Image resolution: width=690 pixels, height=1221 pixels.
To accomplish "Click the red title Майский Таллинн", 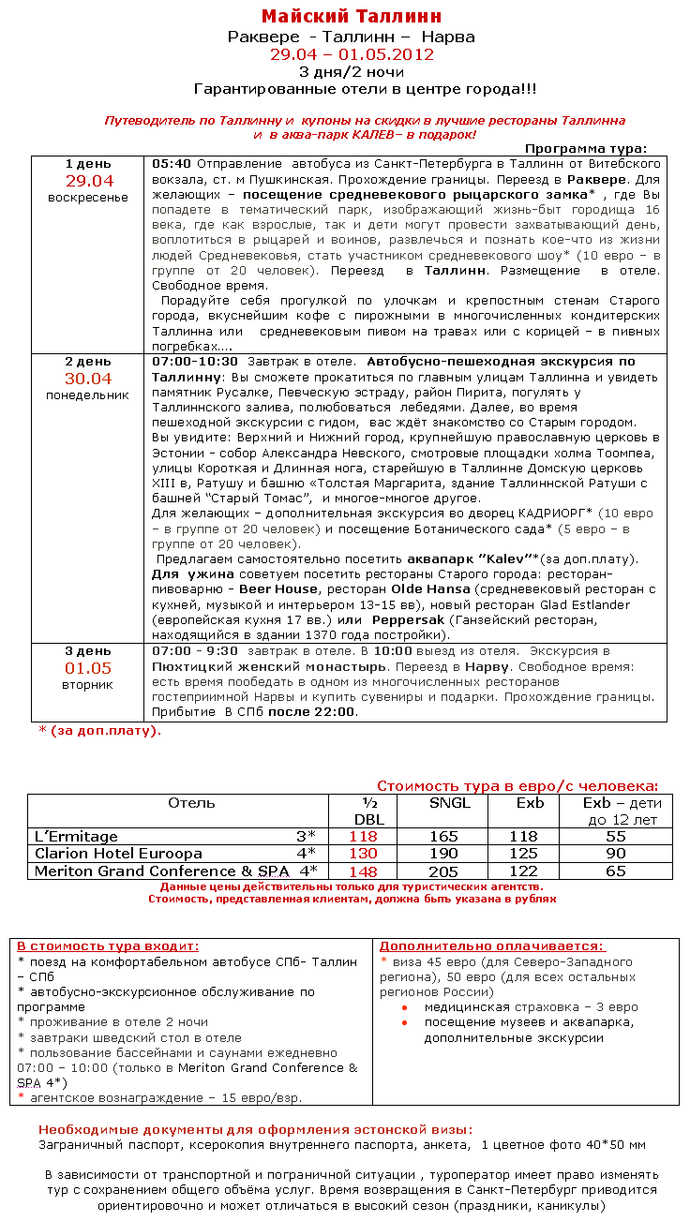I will [x=352, y=17].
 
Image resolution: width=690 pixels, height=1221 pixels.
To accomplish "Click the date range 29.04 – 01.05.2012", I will [x=352, y=54].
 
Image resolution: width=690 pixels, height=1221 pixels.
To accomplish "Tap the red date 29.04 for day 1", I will [x=89, y=181].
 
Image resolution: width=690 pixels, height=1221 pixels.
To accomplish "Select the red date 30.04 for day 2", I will [x=88, y=379].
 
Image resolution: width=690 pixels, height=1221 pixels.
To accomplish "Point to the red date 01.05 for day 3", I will [x=88, y=668].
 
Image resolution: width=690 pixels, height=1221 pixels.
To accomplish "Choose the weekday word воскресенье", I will [x=88, y=198].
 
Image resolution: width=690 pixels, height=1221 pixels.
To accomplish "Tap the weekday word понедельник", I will [x=88, y=395].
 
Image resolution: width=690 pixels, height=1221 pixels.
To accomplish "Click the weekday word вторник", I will [x=88, y=685].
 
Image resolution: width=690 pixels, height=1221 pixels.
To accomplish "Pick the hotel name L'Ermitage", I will [x=77, y=837].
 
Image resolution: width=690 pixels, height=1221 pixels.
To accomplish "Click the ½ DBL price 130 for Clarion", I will [x=363, y=854].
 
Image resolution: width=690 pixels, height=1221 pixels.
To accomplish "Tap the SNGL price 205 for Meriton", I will [x=443, y=871].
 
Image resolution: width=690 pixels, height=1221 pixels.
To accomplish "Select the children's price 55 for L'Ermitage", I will [x=615, y=837].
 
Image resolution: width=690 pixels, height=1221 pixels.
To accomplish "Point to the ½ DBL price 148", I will [x=363, y=871].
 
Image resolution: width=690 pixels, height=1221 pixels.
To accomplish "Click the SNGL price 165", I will [x=443, y=837].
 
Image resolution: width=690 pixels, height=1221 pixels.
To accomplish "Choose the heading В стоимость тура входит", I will [x=109, y=946].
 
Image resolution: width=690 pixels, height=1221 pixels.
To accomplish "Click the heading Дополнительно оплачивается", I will [x=492, y=946].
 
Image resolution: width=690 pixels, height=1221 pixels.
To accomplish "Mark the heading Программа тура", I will [x=586, y=148].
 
